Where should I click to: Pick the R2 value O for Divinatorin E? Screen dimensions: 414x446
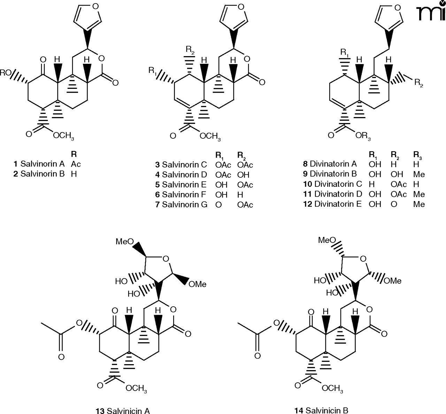point(393,204)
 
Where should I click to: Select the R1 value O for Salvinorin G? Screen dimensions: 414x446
point(218,205)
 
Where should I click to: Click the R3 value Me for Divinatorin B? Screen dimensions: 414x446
point(419,174)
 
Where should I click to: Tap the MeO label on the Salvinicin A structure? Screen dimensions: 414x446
point(125,242)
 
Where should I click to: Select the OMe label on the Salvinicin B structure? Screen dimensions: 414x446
point(392,281)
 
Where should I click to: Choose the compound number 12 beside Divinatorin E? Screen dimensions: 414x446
point(308,204)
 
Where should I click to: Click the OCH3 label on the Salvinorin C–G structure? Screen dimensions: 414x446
point(210,136)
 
